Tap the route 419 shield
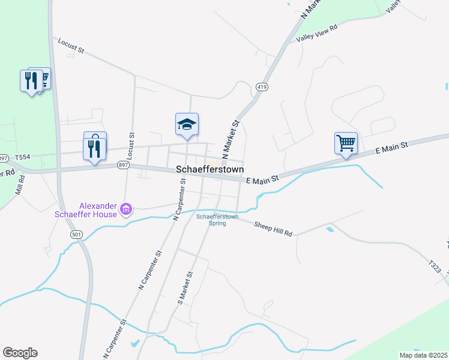point(261,87)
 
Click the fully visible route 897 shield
point(124,164)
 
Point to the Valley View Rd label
point(317,34)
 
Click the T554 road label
point(22,157)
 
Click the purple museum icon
point(126,209)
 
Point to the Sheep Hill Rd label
point(273,229)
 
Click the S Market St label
point(185,288)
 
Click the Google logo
point(20,353)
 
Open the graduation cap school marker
point(187,124)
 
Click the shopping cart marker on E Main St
point(346,143)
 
